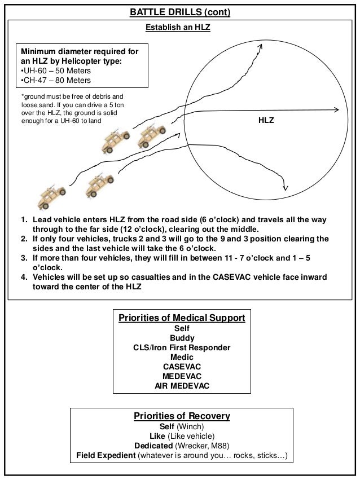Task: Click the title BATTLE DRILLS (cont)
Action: click(179, 11)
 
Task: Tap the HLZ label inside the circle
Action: click(266, 121)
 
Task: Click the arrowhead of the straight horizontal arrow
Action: click(336, 110)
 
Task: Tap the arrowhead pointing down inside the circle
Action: click(287, 187)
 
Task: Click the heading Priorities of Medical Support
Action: click(181, 319)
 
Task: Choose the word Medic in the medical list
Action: click(182, 357)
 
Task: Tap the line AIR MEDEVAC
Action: click(182, 386)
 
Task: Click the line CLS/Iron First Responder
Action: click(182, 347)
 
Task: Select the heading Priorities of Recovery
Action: click(182, 416)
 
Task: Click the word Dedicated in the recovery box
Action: click(153, 446)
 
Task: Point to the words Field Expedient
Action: click(106, 456)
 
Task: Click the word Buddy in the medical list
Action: click(182, 338)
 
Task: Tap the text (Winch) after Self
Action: click(189, 426)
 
